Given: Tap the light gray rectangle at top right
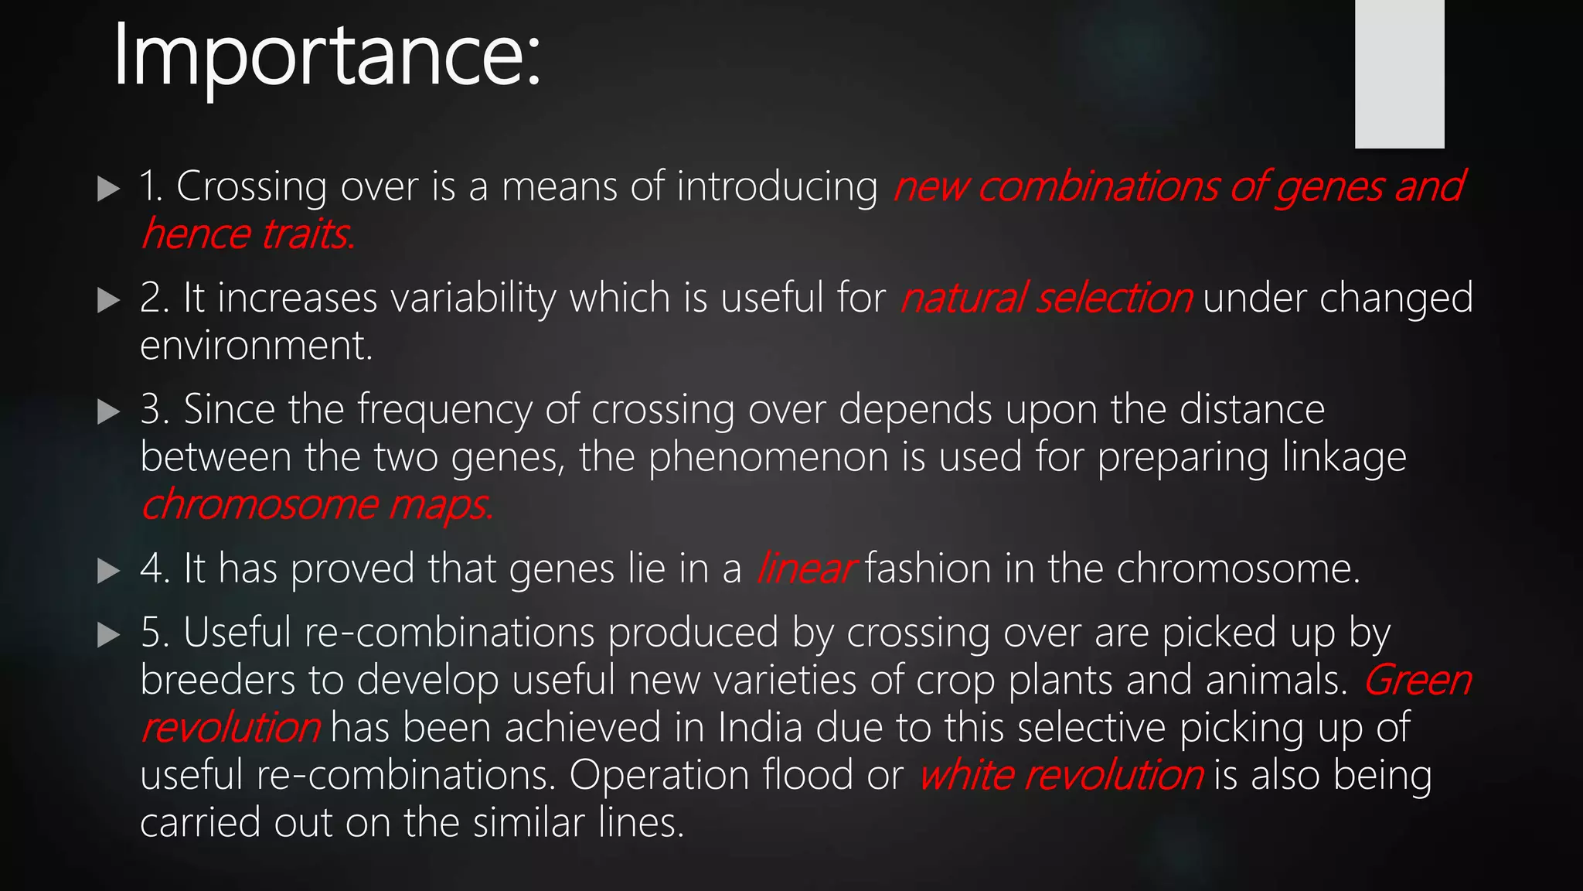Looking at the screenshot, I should tap(1399, 73).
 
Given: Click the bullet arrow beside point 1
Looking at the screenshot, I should tap(109, 188).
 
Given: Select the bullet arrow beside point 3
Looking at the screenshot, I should tap(109, 411).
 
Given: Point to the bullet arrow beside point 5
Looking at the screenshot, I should tap(109, 635).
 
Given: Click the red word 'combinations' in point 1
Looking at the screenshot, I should tap(1098, 187).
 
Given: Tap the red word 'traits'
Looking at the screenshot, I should tap(307, 234).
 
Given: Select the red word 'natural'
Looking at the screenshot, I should tap(962, 299).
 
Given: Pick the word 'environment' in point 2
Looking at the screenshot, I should tap(255, 346).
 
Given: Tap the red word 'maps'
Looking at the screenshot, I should tap(439, 506).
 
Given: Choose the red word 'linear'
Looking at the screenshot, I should tap(805, 569).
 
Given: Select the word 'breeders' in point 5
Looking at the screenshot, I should tap(218, 681).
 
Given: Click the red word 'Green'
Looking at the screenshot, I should tap(1417, 681).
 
